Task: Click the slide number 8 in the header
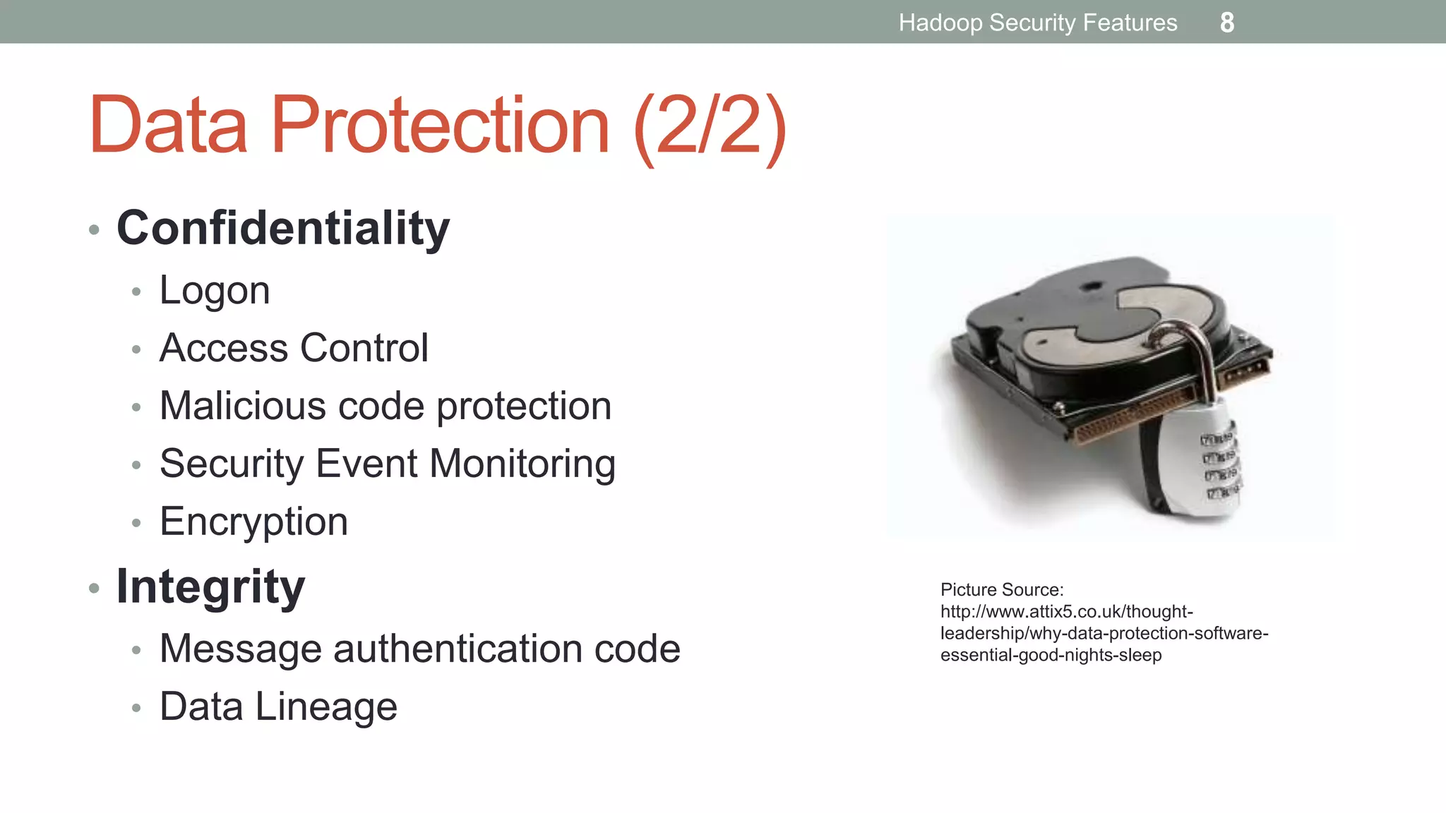tap(1227, 23)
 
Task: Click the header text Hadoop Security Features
tap(1037, 23)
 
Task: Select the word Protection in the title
tap(439, 125)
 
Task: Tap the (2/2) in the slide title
tap(710, 127)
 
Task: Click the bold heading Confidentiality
tap(282, 229)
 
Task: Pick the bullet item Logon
tap(215, 290)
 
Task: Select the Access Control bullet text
tap(294, 348)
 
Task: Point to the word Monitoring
tap(522, 464)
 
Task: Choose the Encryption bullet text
tap(253, 522)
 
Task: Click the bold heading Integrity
tap(210, 586)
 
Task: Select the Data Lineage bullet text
tap(278, 706)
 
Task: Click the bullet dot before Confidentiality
tap(94, 230)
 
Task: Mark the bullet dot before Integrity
tap(94, 588)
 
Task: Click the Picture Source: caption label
tap(1001, 590)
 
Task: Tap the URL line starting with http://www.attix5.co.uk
tap(1066, 612)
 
